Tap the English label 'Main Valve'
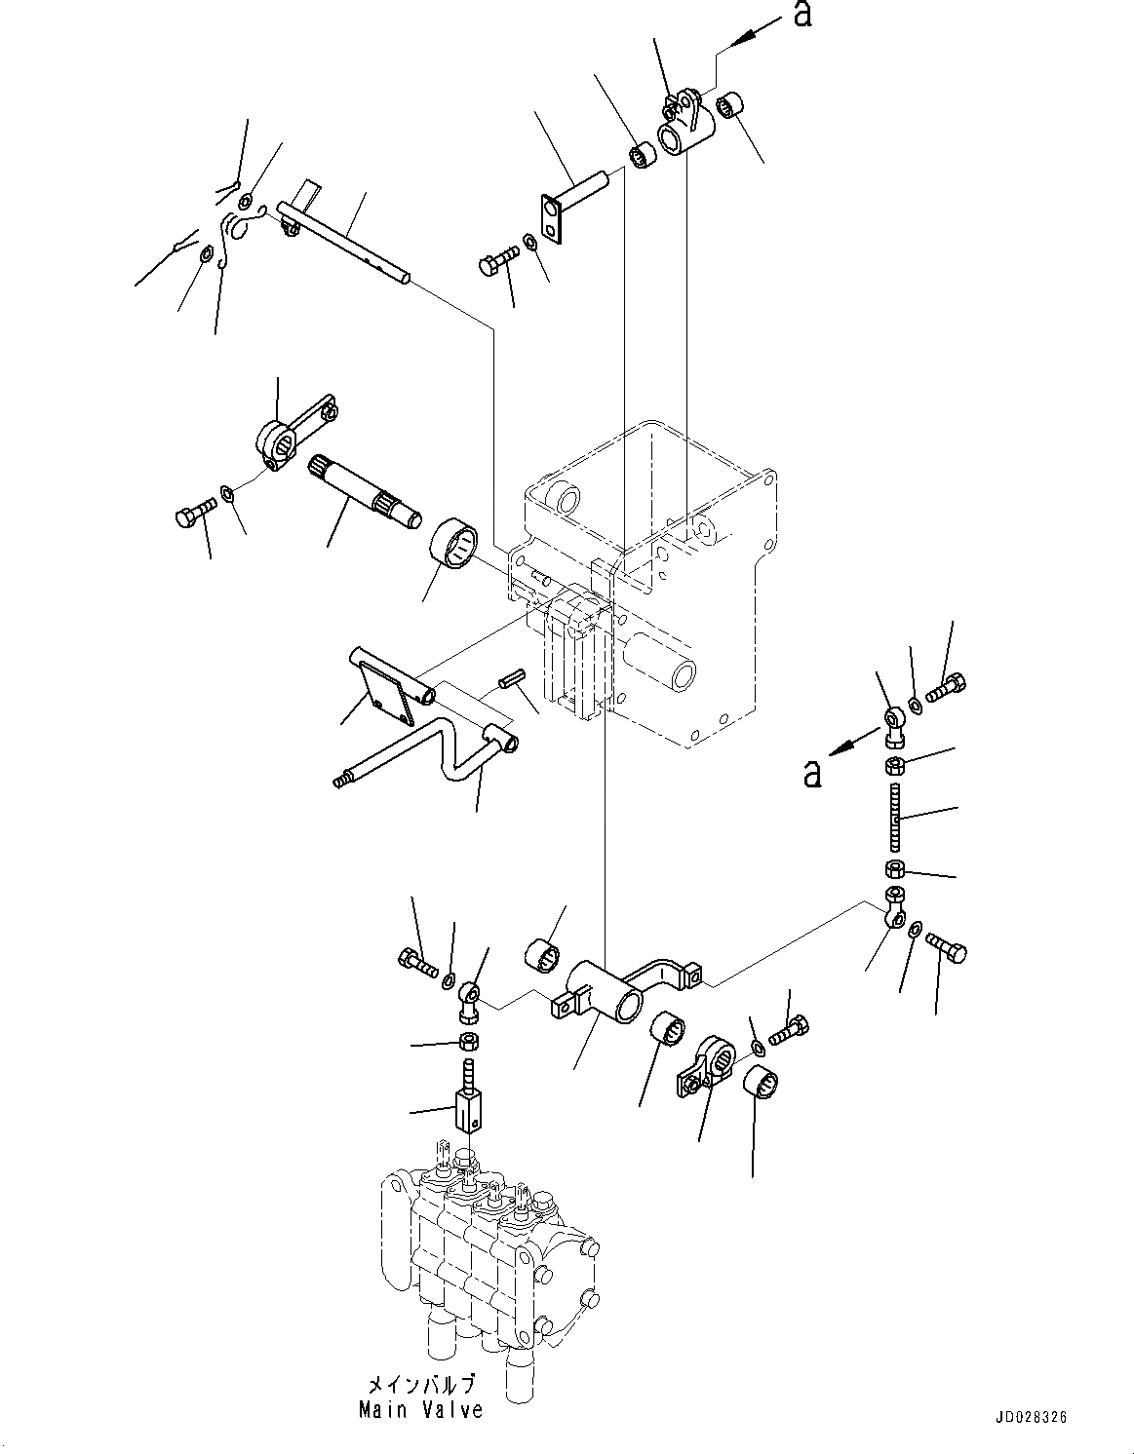(420, 1410)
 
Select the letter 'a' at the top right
(802, 15)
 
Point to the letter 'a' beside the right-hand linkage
(810, 773)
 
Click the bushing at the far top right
(732, 105)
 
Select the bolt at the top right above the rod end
(945, 689)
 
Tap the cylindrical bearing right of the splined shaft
(454, 542)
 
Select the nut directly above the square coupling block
(467, 1041)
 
